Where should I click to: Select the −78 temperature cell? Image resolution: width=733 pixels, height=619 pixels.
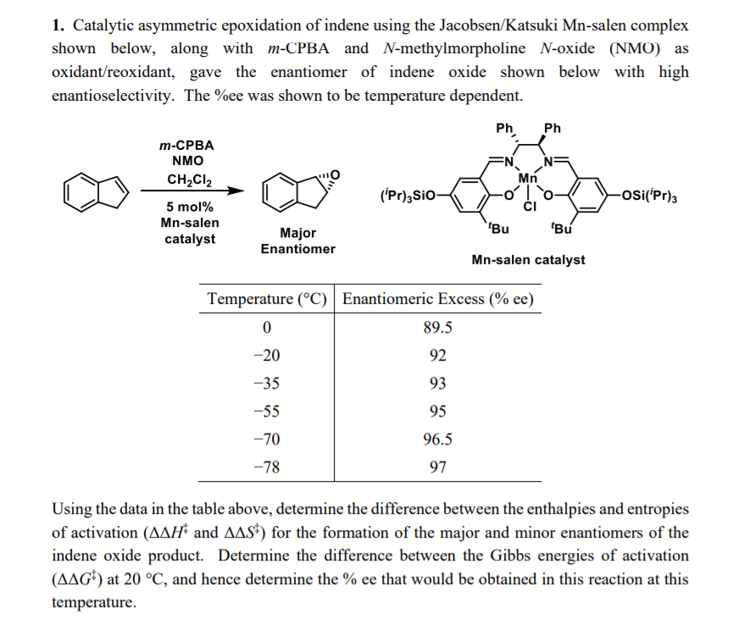click(x=267, y=467)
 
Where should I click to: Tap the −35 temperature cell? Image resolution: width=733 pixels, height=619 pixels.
click(x=267, y=384)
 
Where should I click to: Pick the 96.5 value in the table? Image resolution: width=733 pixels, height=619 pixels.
click(x=437, y=439)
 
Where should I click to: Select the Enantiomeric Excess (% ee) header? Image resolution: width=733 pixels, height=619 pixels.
click(x=438, y=300)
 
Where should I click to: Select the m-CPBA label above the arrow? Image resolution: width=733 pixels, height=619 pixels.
click(x=187, y=146)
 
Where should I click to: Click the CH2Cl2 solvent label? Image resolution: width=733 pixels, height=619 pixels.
click(x=189, y=180)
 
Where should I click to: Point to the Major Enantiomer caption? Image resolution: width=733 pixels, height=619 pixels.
click(x=297, y=240)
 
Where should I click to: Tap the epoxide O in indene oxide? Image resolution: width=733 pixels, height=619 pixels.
click(x=334, y=174)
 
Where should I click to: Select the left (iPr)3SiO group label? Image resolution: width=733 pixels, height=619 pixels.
click(x=408, y=197)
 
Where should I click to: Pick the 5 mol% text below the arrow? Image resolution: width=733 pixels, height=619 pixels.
click(x=189, y=207)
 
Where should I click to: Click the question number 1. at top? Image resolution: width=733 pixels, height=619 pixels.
click(x=58, y=27)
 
